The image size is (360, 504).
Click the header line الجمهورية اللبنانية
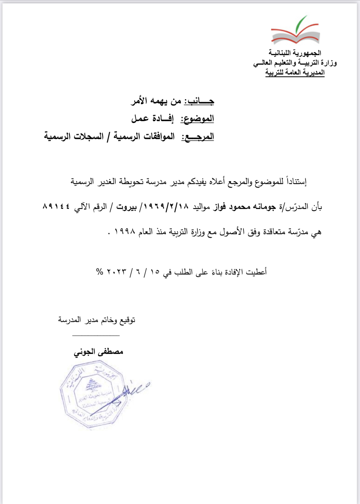coord(295,53)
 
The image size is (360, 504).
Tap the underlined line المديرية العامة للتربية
coord(295,72)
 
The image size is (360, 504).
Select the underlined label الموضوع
coord(197,119)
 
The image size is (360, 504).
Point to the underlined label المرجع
coord(198,137)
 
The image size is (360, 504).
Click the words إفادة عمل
coord(152,118)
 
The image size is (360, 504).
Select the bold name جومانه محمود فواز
coord(244,207)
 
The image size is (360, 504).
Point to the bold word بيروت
coord(126,207)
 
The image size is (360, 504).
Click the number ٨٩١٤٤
coord(57,206)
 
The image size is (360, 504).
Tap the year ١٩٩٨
coord(125,232)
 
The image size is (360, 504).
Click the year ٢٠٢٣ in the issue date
coord(117,272)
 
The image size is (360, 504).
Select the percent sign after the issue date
coord(99,272)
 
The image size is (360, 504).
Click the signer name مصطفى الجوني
coord(98,352)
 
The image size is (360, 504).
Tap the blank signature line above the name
coord(96,335)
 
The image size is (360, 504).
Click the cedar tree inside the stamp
coord(93,385)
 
